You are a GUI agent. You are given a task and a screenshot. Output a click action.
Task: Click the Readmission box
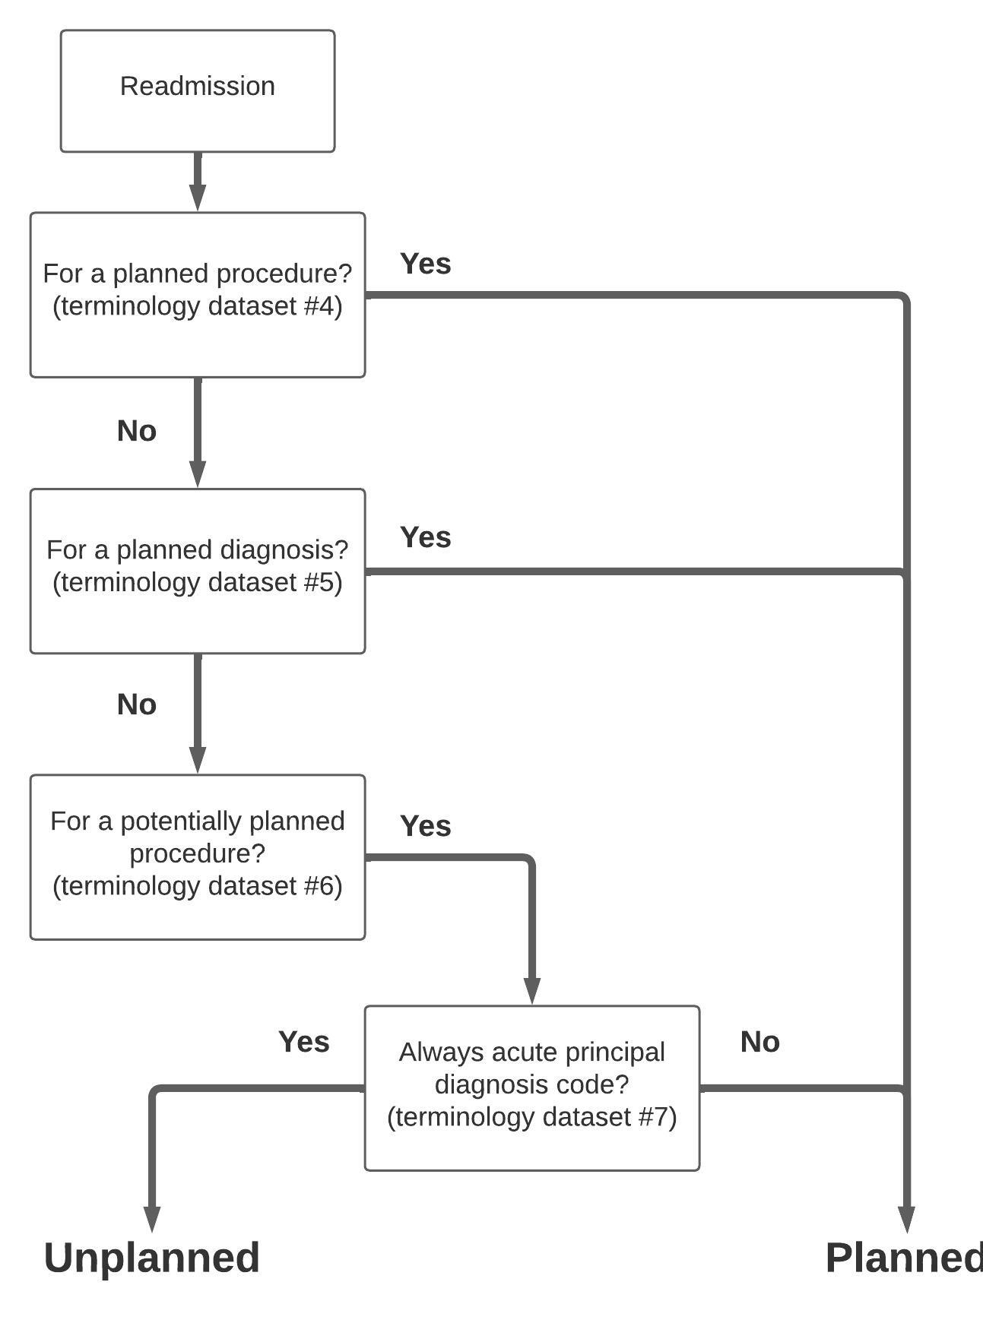coord(197,90)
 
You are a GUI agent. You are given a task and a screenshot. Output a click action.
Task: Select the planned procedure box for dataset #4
coord(197,294)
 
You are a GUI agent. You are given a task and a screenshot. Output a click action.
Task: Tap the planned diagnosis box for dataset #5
coord(197,570)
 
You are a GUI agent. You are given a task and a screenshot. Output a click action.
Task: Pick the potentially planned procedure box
coord(197,856)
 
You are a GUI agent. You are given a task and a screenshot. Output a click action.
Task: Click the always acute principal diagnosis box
coord(531,1087)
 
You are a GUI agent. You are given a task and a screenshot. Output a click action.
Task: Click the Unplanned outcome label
coord(152,1258)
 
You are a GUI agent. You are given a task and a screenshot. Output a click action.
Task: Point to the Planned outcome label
coord(903,1258)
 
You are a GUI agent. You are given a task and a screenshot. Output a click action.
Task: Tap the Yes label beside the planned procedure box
coord(425,264)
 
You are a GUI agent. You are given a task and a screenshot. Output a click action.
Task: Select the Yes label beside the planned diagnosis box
coord(425,537)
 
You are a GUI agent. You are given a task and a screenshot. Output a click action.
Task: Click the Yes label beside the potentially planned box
coord(425,826)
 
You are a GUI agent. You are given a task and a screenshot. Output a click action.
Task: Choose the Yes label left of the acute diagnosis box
coord(303,1042)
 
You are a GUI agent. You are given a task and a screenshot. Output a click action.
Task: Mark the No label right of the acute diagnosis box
coord(759,1042)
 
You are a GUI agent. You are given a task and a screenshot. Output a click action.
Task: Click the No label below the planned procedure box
coord(137,431)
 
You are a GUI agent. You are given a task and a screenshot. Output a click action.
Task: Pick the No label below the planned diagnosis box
coord(137,704)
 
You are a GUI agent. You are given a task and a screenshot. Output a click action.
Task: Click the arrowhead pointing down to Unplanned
coord(152,1217)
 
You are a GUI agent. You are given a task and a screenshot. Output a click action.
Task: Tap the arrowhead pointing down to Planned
coord(906,1217)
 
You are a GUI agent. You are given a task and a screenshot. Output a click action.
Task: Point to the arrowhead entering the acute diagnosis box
coord(531,990)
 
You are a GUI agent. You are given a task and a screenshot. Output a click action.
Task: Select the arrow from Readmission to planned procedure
coord(198,181)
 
